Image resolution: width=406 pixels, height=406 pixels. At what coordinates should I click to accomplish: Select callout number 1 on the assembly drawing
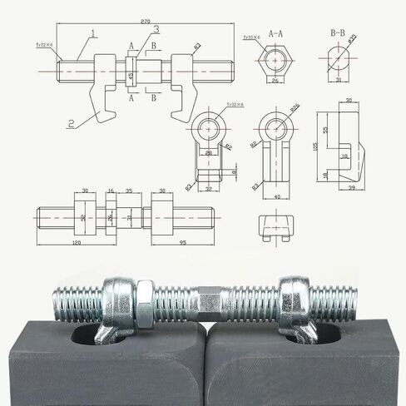click(x=93, y=34)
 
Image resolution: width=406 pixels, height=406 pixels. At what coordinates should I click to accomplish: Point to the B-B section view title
click(x=338, y=33)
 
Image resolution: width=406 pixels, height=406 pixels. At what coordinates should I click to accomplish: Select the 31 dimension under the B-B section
click(x=338, y=81)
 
